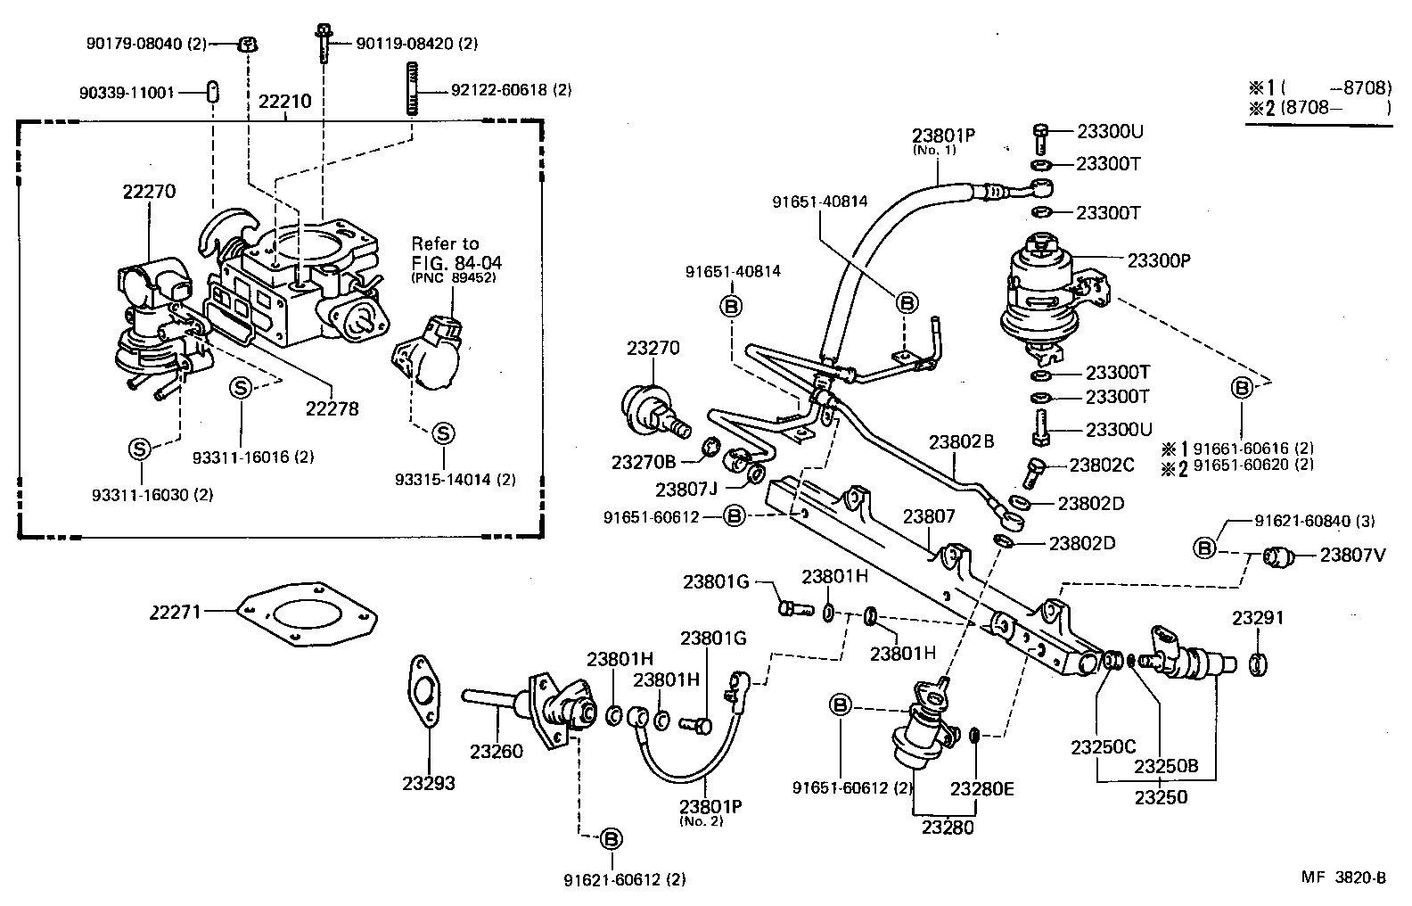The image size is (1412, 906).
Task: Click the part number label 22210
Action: click(284, 101)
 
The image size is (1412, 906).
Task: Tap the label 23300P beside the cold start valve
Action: click(1159, 260)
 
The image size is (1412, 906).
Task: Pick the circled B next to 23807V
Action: click(1204, 548)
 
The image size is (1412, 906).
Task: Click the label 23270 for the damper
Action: click(653, 349)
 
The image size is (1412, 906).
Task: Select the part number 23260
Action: click(497, 751)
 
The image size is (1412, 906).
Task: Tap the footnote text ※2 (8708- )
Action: click(1318, 108)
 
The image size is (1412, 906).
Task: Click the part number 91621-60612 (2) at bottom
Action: click(624, 879)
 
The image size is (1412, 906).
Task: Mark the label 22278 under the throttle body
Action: click(332, 408)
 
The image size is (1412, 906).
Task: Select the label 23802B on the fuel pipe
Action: click(961, 441)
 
